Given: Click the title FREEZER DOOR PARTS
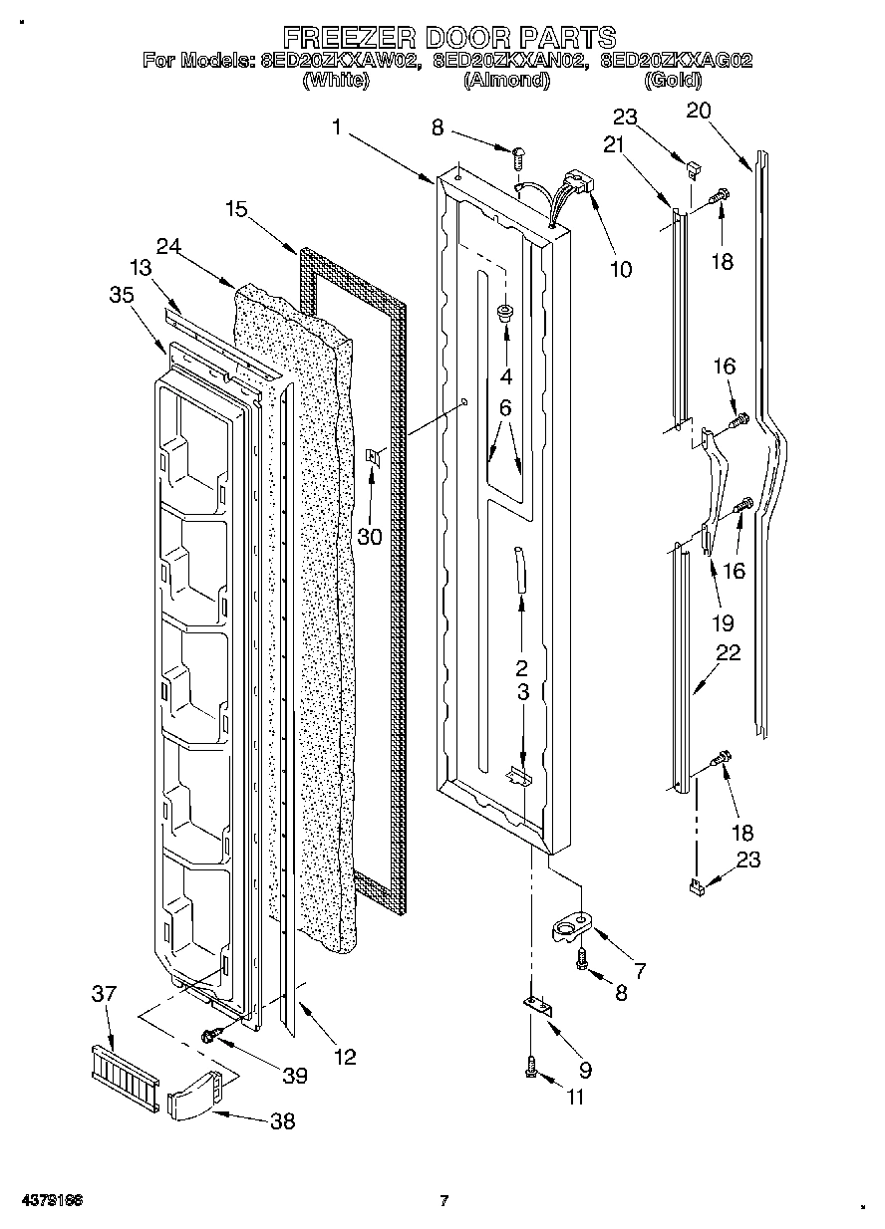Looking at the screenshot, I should [x=449, y=38].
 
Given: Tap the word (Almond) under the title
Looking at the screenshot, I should [x=506, y=81].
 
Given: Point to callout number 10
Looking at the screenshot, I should [x=620, y=269].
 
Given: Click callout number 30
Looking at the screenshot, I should [x=370, y=537].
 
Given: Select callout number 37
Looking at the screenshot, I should [x=104, y=993].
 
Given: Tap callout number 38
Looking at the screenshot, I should [x=283, y=1121].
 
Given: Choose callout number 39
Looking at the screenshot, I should [x=294, y=1076].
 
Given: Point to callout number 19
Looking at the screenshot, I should [x=723, y=623].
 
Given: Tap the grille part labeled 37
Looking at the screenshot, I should [x=122, y=1076].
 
